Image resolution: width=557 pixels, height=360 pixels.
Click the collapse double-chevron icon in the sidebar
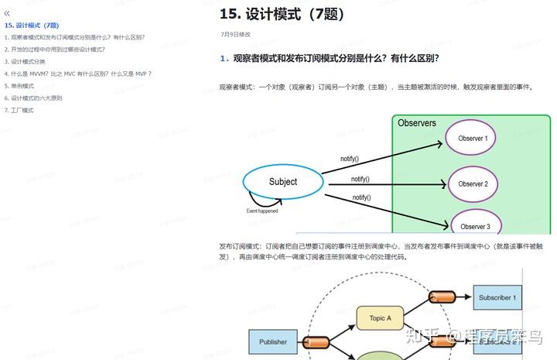[8, 13]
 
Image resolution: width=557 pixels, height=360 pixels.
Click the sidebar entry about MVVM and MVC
[78, 74]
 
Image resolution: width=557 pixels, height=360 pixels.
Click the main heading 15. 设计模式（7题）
[282, 14]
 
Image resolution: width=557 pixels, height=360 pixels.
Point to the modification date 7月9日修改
[235, 35]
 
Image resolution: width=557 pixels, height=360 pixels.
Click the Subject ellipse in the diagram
[282, 182]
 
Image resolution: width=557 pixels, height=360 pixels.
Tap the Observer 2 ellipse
[473, 184]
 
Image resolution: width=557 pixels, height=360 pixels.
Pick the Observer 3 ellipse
[476, 225]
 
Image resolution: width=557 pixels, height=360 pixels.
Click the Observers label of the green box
[417, 123]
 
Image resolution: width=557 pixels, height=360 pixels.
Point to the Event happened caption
[262, 211]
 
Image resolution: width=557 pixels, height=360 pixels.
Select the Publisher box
[272, 341]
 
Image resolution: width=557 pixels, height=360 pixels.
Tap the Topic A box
[381, 318]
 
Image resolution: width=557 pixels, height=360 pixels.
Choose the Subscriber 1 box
[497, 297]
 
